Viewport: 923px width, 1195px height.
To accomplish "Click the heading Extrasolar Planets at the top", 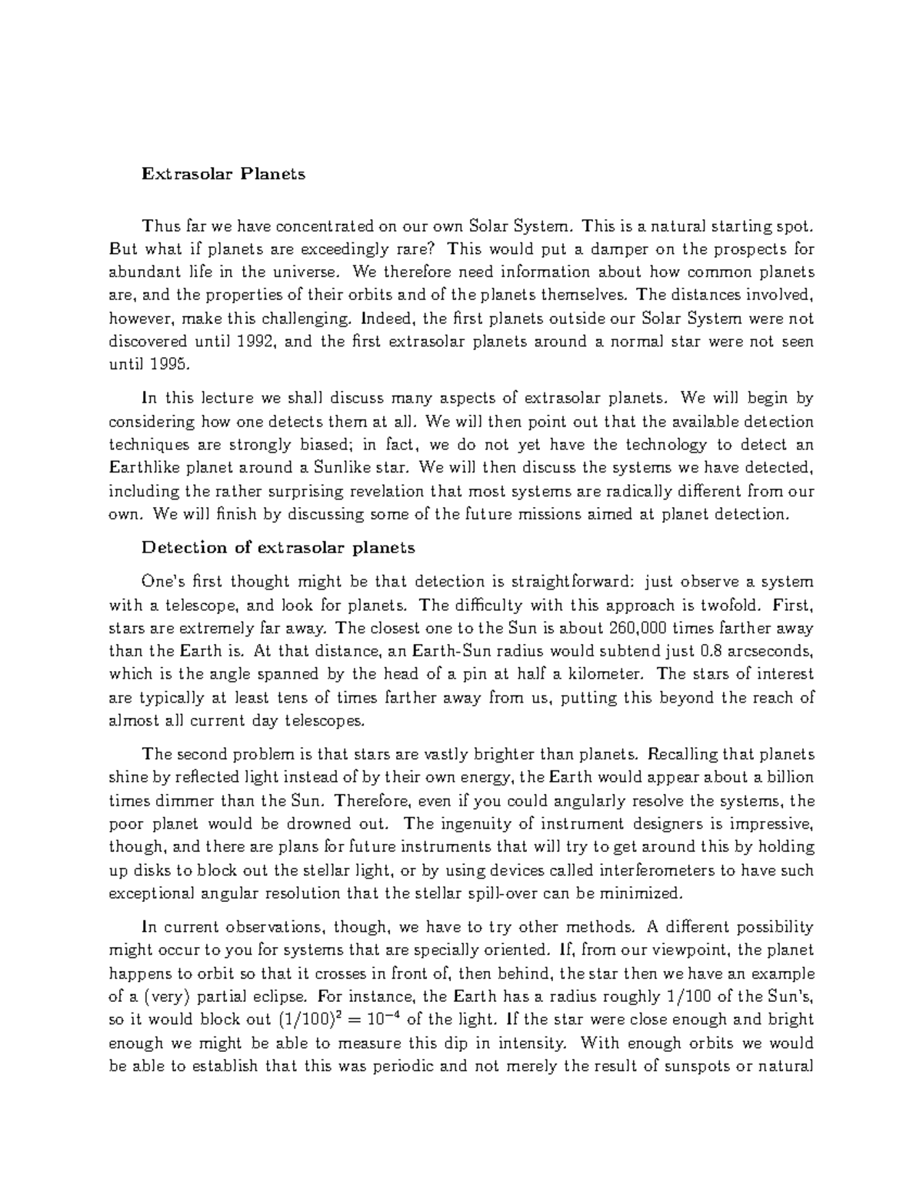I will tap(222, 174).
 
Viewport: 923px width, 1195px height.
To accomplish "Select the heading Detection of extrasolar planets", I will tap(278, 548).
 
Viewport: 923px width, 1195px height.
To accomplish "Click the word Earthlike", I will tap(145, 467).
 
